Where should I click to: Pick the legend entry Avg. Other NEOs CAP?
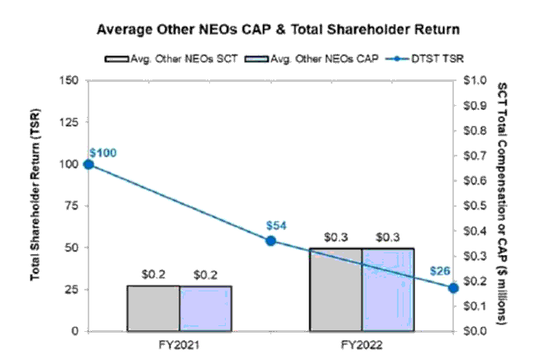(285, 59)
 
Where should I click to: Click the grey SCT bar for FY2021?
(153, 308)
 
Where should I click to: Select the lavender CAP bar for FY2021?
(205, 308)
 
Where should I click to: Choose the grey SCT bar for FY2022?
(335, 290)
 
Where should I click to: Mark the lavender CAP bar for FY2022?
(388, 290)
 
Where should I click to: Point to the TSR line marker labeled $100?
(88, 164)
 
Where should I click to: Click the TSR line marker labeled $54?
(270, 241)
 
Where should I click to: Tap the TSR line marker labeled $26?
(453, 287)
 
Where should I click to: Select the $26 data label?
(441, 271)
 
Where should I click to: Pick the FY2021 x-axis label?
(179, 343)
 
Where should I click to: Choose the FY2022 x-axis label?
(361, 343)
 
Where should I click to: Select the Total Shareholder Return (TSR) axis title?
(37, 205)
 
